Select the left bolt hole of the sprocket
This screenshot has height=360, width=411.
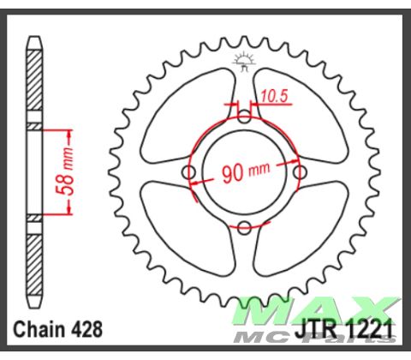pos(189,173)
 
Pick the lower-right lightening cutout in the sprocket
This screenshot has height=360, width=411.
pos(300,231)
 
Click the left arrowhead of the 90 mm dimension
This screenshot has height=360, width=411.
pos(195,182)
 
